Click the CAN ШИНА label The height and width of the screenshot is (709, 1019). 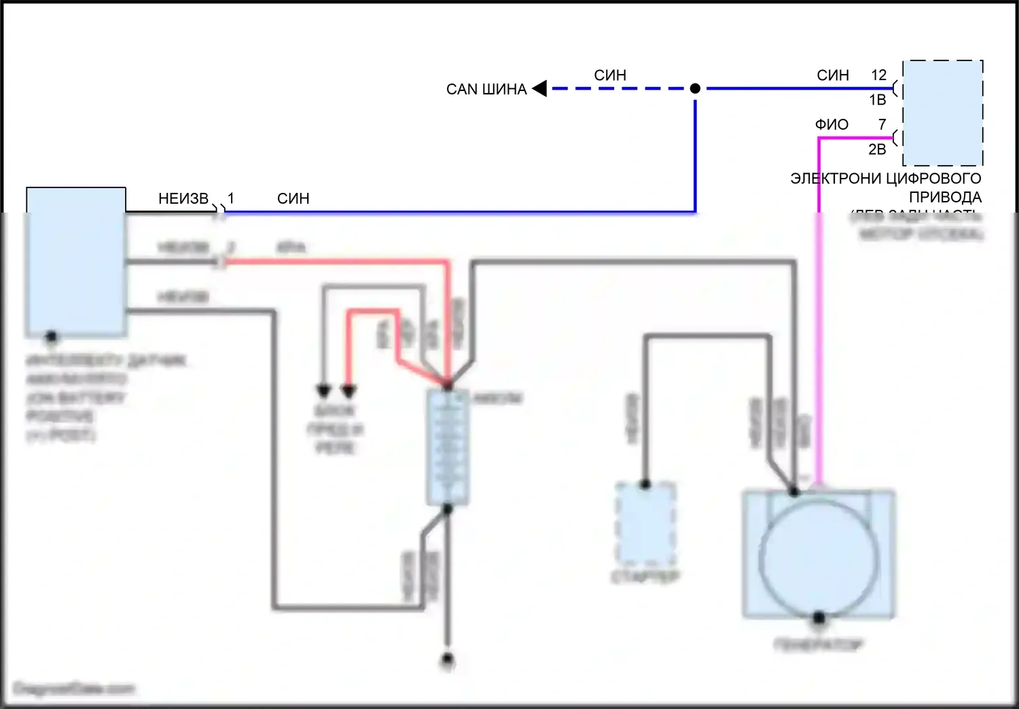(x=486, y=89)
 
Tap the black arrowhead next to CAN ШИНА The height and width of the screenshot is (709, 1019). (x=540, y=88)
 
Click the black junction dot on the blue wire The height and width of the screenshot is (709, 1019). (x=695, y=88)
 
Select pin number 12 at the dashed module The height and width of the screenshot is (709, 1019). (x=878, y=75)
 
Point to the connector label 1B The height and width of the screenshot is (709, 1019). (x=877, y=100)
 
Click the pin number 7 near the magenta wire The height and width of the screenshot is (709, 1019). (x=882, y=124)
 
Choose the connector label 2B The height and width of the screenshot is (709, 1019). (x=877, y=149)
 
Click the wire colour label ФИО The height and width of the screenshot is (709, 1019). (x=832, y=124)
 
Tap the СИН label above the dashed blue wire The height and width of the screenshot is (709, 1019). (x=610, y=75)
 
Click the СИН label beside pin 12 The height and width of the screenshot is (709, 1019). (x=833, y=75)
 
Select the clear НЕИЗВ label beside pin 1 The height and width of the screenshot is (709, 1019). (x=183, y=198)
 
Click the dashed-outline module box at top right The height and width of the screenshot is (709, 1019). (x=943, y=113)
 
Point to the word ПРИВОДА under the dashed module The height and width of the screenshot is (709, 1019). (x=945, y=197)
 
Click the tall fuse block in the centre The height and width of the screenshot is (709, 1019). (x=448, y=448)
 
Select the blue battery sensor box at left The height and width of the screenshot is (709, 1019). (x=75, y=262)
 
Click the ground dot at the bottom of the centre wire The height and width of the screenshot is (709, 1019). (x=447, y=659)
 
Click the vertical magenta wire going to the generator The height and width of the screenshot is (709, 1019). (x=819, y=340)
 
